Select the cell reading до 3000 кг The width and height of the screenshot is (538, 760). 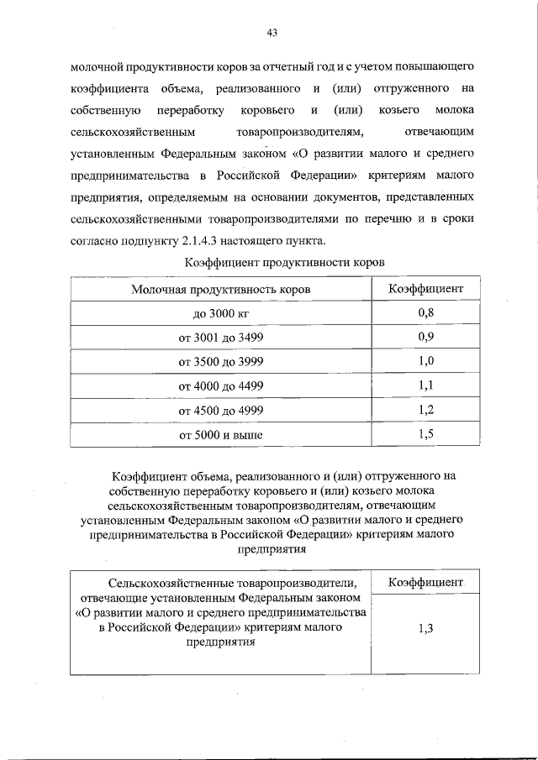point(221,314)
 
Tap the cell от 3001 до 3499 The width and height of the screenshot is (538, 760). point(221,338)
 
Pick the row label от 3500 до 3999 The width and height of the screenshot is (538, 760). point(221,363)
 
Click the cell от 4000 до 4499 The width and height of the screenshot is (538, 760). point(221,386)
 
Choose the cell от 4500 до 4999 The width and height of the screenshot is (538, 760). point(221,411)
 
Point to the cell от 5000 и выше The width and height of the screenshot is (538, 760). point(221,435)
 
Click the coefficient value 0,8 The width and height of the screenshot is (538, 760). point(425,313)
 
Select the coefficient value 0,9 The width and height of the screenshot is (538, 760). point(425,338)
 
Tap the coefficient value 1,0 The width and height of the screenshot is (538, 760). point(425,362)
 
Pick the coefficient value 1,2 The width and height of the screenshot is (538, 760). point(425,410)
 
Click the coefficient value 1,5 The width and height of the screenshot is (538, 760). point(425,434)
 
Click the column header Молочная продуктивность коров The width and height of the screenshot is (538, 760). point(221,290)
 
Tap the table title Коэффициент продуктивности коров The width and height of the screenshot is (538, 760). point(283,262)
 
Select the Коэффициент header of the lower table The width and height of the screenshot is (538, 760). point(425,582)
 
